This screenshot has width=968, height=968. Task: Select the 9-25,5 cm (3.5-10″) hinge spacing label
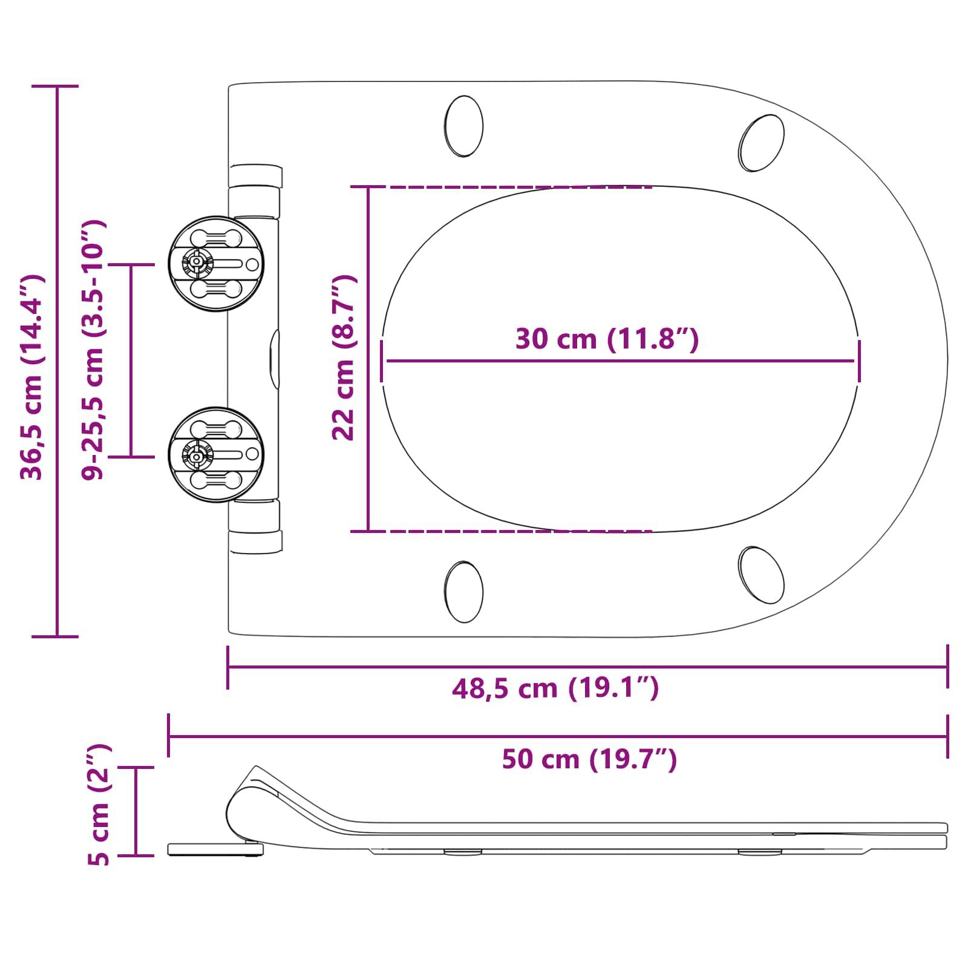click(94, 350)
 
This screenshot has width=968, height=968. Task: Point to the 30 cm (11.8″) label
click(607, 338)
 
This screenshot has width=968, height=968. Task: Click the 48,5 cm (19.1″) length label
click(555, 688)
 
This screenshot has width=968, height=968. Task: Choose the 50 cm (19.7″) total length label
click(589, 759)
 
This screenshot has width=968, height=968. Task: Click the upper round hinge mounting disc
click(216, 264)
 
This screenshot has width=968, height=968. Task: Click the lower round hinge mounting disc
click(216, 455)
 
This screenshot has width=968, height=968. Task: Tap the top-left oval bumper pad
click(464, 126)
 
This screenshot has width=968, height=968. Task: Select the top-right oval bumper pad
click(762, 143)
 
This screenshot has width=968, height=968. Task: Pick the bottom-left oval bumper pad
click(464, 592)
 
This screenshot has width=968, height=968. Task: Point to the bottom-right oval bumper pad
click(762, 575)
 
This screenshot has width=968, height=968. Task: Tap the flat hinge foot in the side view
click(215, 850)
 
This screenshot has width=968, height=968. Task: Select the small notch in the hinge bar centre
click(275, 359)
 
